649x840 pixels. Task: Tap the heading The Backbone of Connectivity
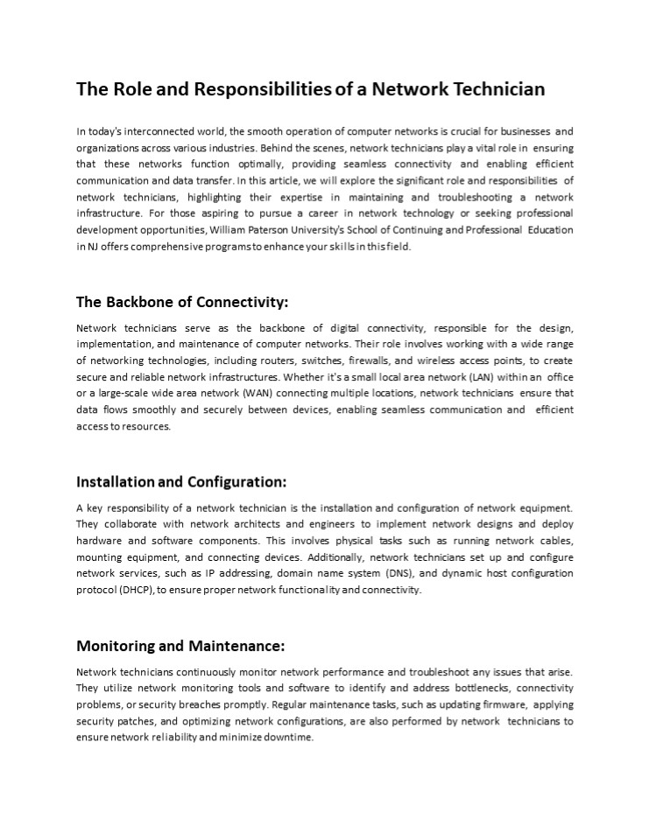182,302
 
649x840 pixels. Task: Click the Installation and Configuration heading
181,481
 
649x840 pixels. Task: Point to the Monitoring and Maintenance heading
180,647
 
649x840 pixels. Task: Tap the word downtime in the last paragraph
286,738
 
